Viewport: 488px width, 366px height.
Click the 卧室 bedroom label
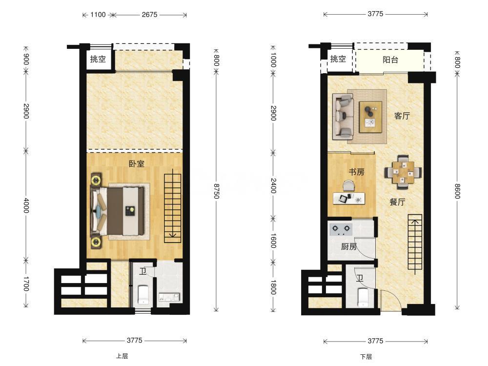[137, 163]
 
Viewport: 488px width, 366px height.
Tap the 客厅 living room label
[402, 116]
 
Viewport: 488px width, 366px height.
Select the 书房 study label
[356, 172]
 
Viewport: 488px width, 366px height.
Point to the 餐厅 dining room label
[397, 202]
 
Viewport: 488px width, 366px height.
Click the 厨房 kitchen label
[349, 247]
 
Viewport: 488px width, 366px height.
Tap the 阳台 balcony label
[390, 60]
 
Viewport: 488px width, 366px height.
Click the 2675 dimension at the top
[149, 15]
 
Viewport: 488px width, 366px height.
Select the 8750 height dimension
[217, 191]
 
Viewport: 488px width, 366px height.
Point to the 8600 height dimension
[457, 191]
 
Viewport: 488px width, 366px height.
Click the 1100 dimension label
[98, 15]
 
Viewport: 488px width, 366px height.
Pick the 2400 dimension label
[273, 185]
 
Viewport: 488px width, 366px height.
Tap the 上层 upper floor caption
[122, 356]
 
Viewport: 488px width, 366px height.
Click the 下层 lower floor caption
[366, 357]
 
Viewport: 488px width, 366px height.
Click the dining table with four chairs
[403, 172]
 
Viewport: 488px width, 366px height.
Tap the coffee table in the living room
[370, 117]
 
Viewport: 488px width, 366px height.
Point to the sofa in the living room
[343, 117]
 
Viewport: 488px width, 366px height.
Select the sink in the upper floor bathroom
[169, 297]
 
